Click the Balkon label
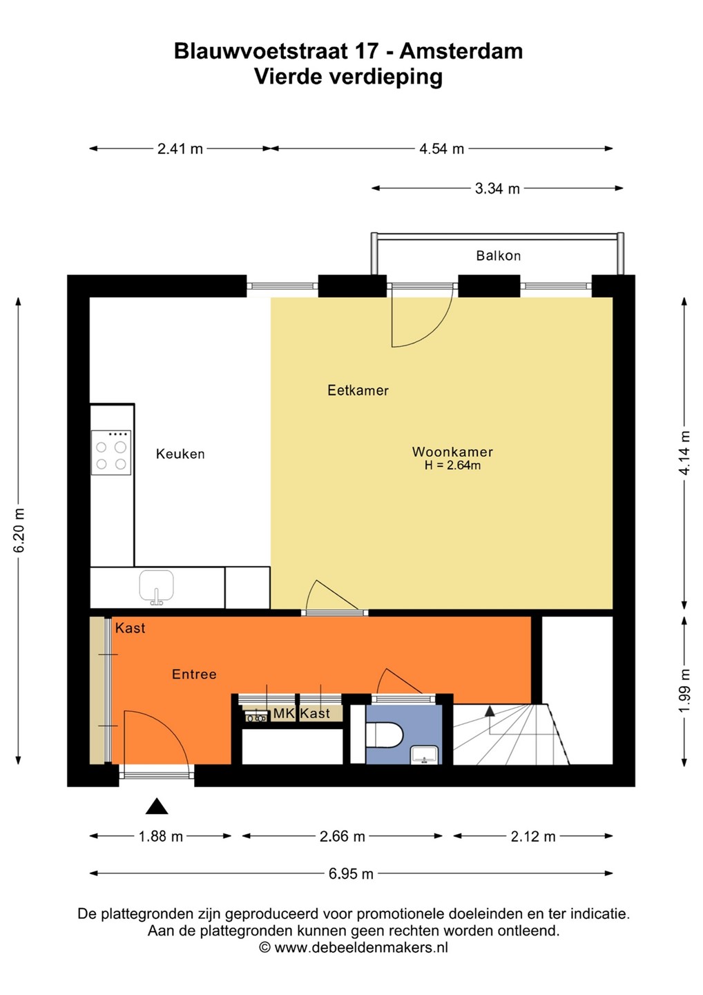click(x=498, y=256)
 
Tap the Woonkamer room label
click(x=452, y=452)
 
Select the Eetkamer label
click(x=358, y=390)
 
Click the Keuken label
click(x=180, y=454)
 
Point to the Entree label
click(x=194, y=674)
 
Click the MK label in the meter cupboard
click(x=283, y=713)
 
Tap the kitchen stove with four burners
click(x=111, y=452)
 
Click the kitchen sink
click(x=157, y=587)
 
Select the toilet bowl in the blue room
click(x=385, y=735)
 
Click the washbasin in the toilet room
click(x=424, y=755)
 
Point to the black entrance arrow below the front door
click(x=157, y=806)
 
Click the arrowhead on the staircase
click(x=490, y=711)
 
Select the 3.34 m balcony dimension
click(x=497, y=189)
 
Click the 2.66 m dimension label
click(x=343, y=836)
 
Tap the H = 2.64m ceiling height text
click(x=452, y=465)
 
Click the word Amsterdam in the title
click(x=461, y=51)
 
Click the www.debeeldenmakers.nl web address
click(x=361, y=947)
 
